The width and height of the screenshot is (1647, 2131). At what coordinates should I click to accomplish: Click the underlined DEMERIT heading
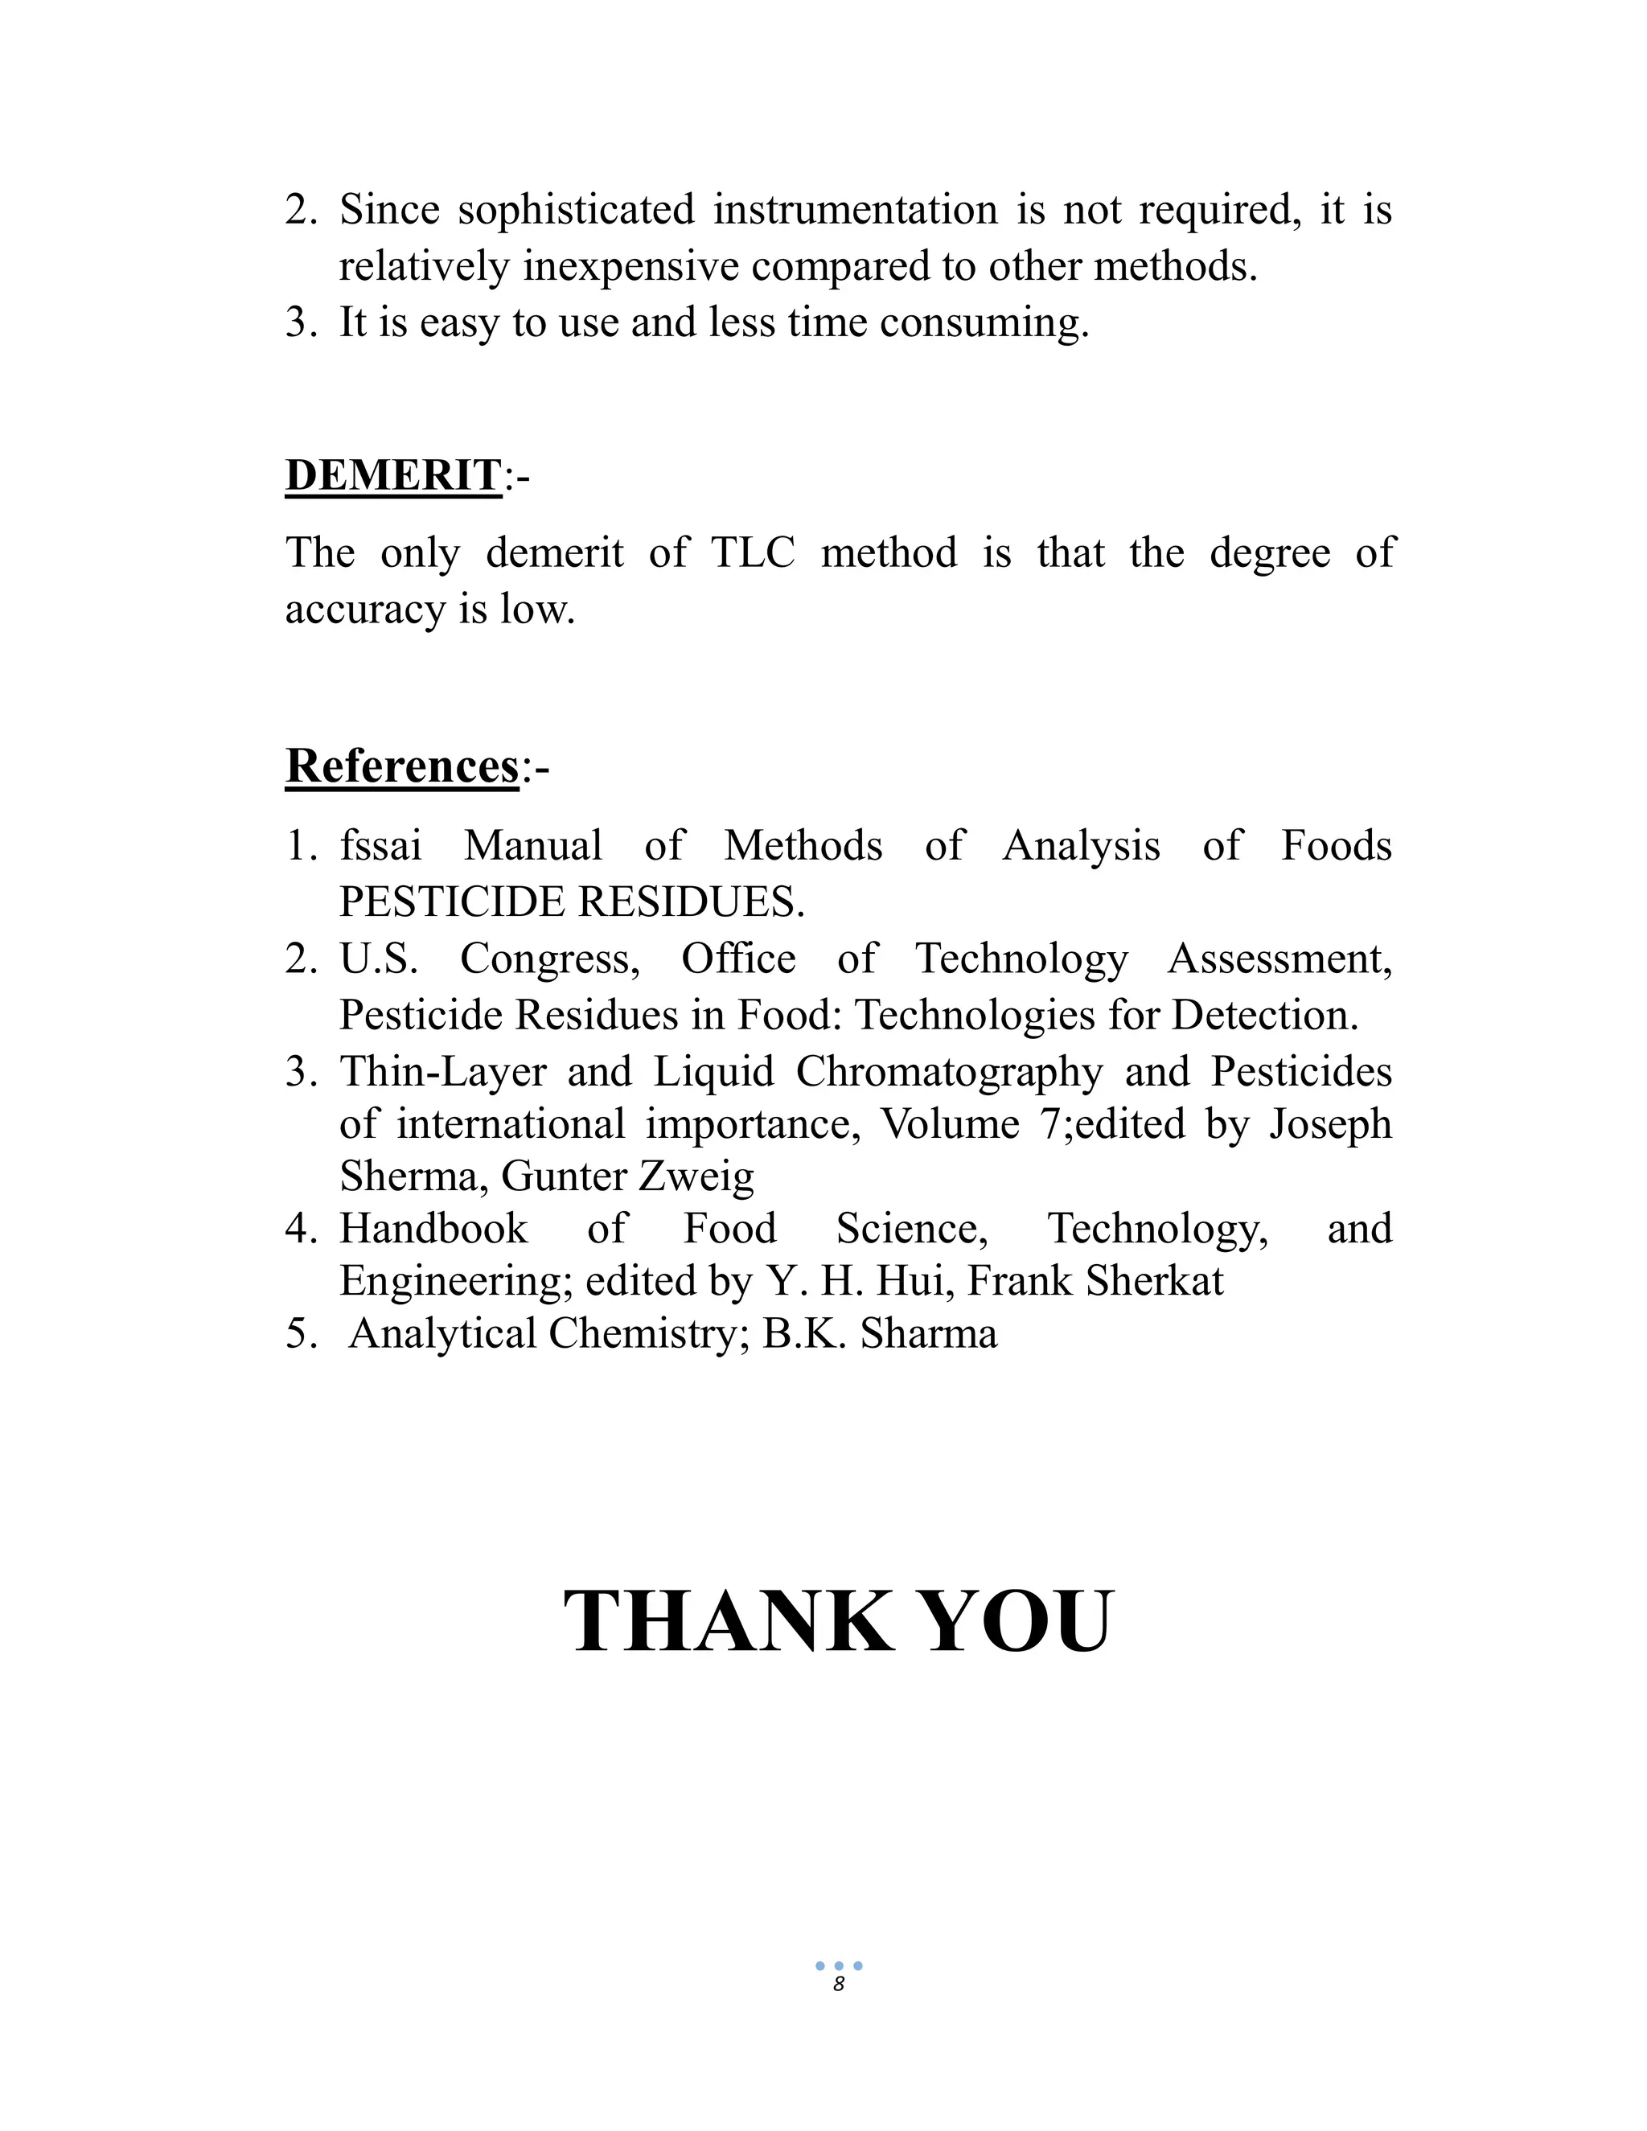(x=393, y=475)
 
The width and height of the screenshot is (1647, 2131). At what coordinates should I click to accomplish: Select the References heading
(x=402, y=765)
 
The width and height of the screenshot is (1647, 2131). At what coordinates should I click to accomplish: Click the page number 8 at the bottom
(x=838, y=1985)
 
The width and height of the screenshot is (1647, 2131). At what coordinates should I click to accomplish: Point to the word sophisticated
(x=576, y=210)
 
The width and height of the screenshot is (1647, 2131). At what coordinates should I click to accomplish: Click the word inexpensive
(x=630, y=266)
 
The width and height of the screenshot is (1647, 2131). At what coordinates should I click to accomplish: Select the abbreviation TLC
(x=752, y=552)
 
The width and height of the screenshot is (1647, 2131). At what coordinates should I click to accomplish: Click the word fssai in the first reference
(x=380, y=845)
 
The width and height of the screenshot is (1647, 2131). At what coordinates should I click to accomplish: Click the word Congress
(x=549, y=959)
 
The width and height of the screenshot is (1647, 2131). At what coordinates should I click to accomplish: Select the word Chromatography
(x=948, y=1071)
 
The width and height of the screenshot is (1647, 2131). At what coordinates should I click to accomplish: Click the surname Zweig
(x=696, y=1176)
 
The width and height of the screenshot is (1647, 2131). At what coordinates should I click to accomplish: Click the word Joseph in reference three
(x=1330, y=1124)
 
